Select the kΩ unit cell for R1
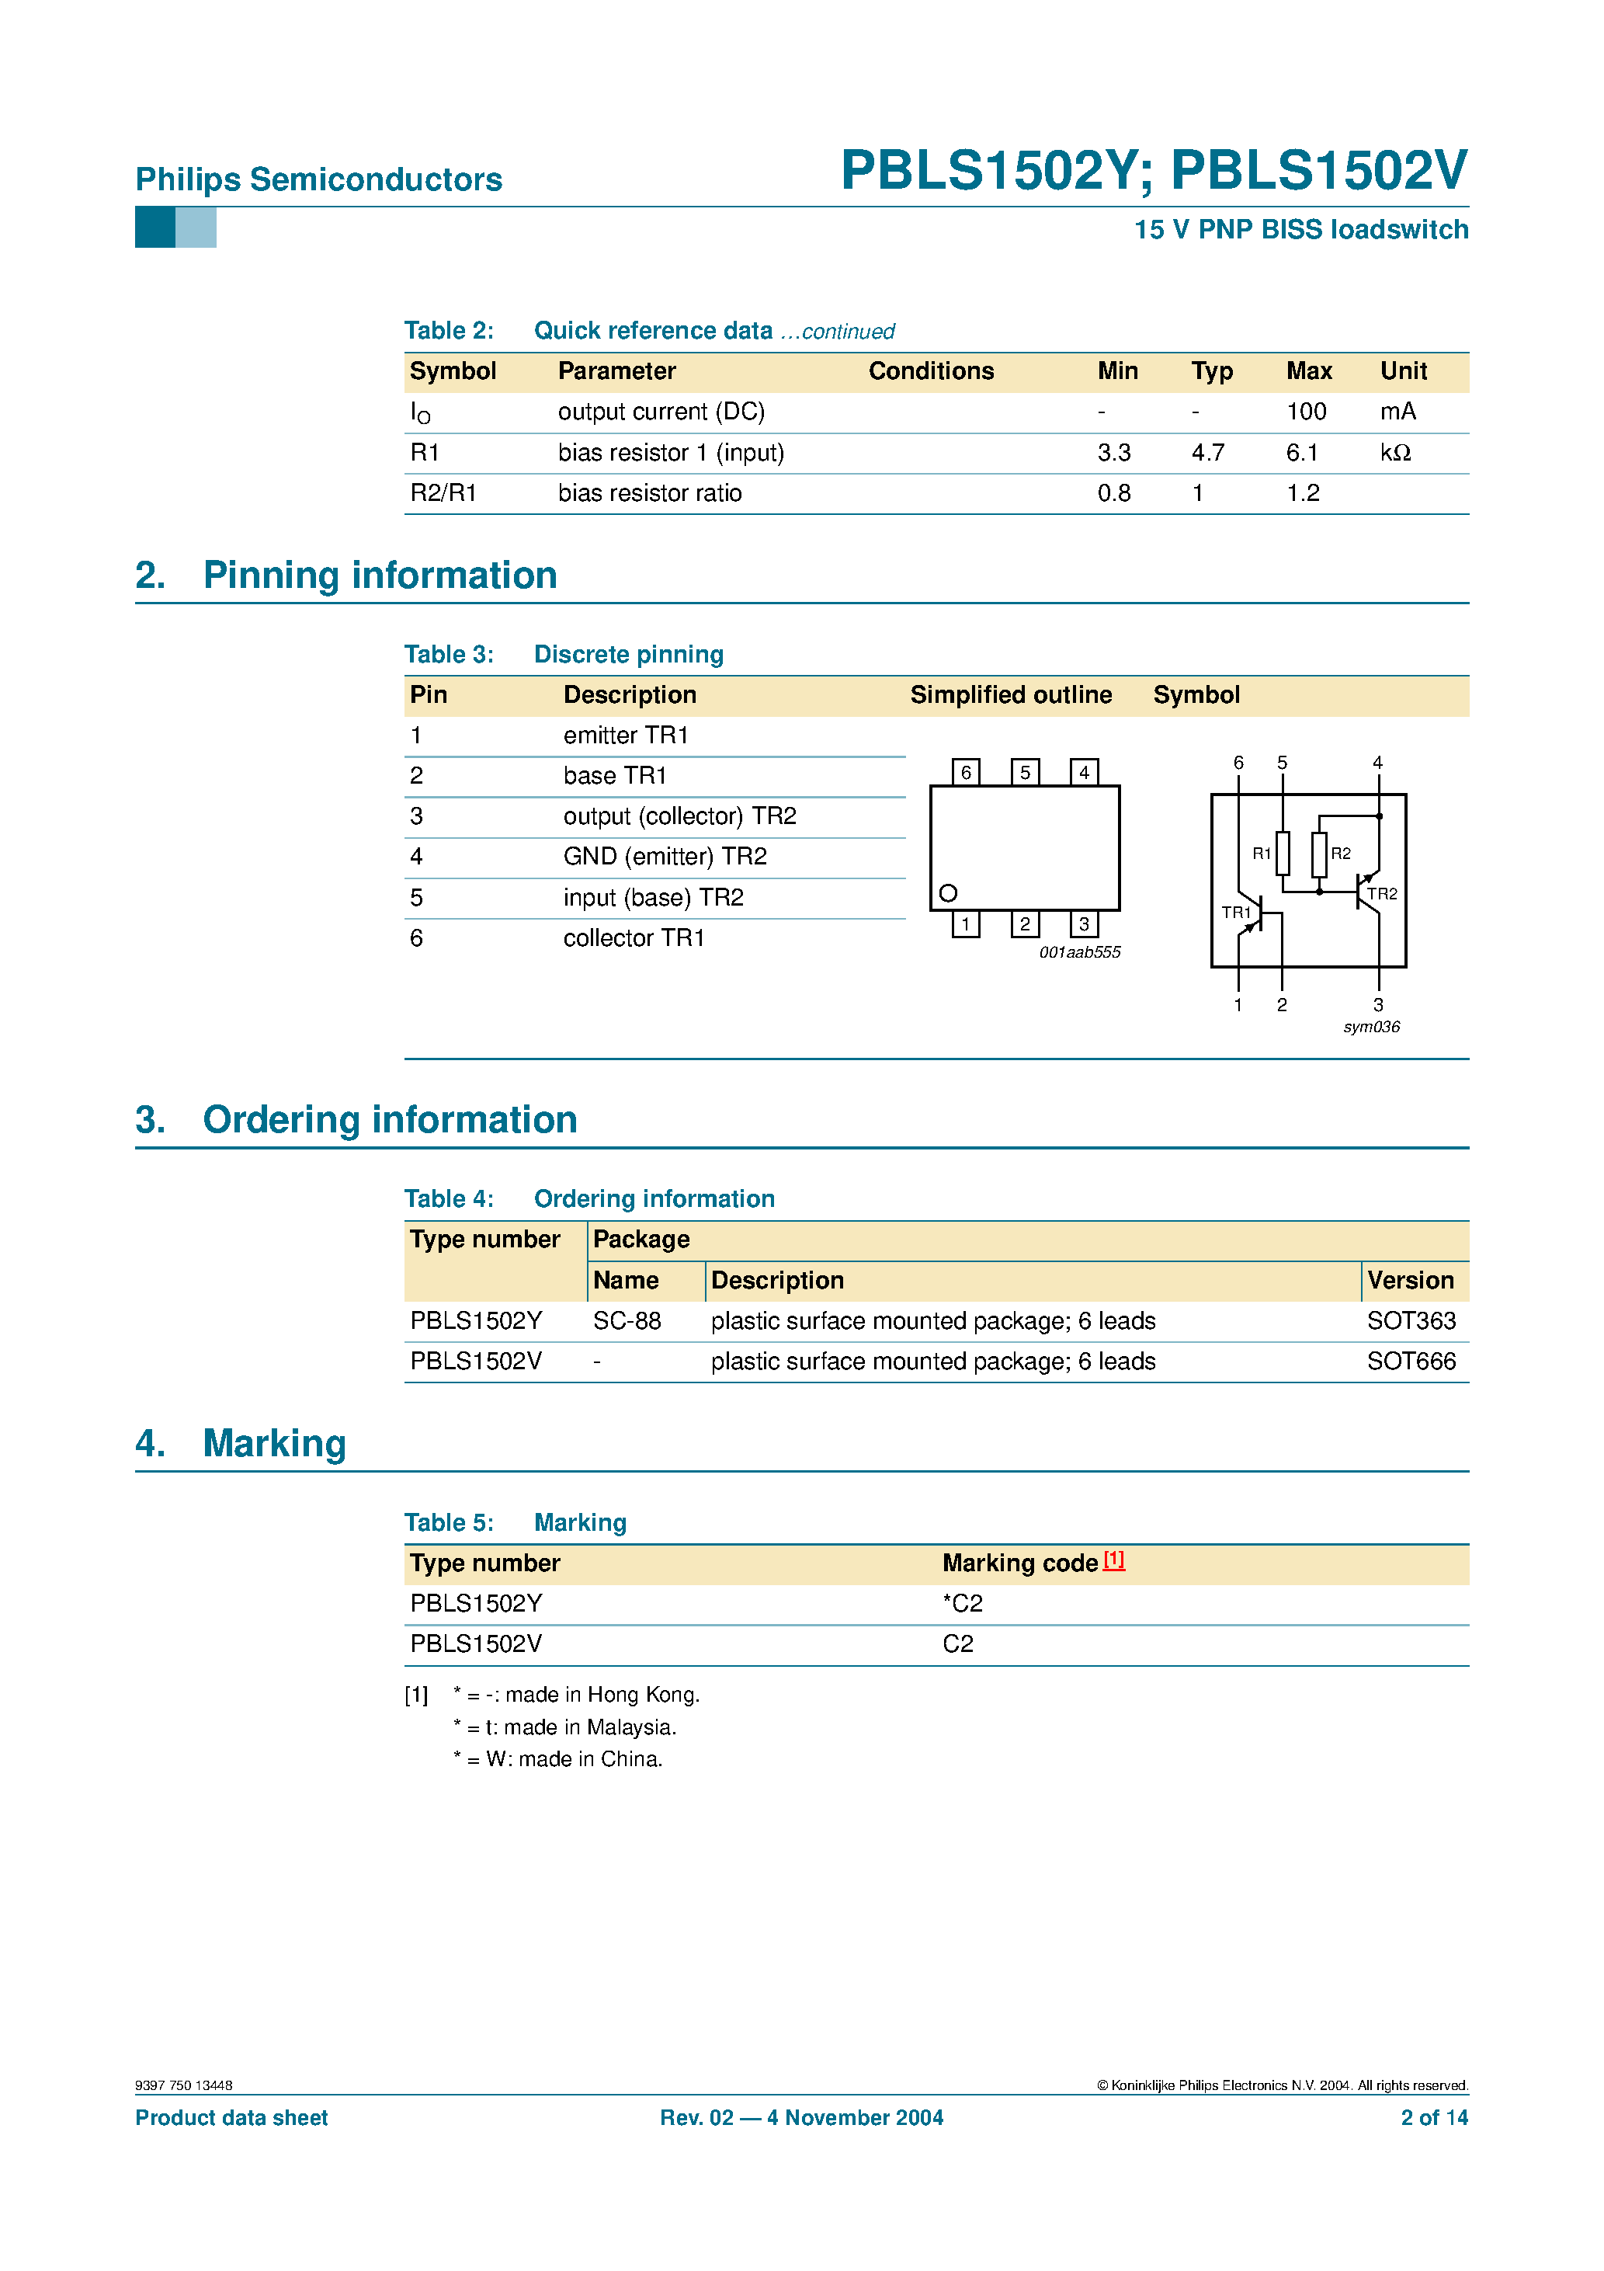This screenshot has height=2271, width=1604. tap(1395, 453)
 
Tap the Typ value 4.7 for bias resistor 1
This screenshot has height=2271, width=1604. tap(1207, 453)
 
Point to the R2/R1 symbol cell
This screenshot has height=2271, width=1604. tap(443, 493)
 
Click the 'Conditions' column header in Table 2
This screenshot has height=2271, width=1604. tap(931, 371)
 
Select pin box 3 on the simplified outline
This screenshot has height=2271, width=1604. tap(1084, 923)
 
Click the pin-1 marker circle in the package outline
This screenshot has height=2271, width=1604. tap(947, 893)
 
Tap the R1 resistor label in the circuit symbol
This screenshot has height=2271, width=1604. tap(1261, 854)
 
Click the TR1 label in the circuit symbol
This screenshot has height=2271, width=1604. tap(1236, 912)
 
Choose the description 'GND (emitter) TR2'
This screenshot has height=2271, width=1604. tap(665, 857)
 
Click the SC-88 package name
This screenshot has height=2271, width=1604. tap(627, 1321)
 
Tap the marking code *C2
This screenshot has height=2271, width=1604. tap(962, 1603)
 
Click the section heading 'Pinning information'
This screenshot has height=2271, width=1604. tap(380, 576)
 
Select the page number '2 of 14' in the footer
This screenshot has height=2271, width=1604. tap(1434, 2118)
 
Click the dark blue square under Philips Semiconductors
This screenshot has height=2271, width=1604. tap(155, 228)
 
